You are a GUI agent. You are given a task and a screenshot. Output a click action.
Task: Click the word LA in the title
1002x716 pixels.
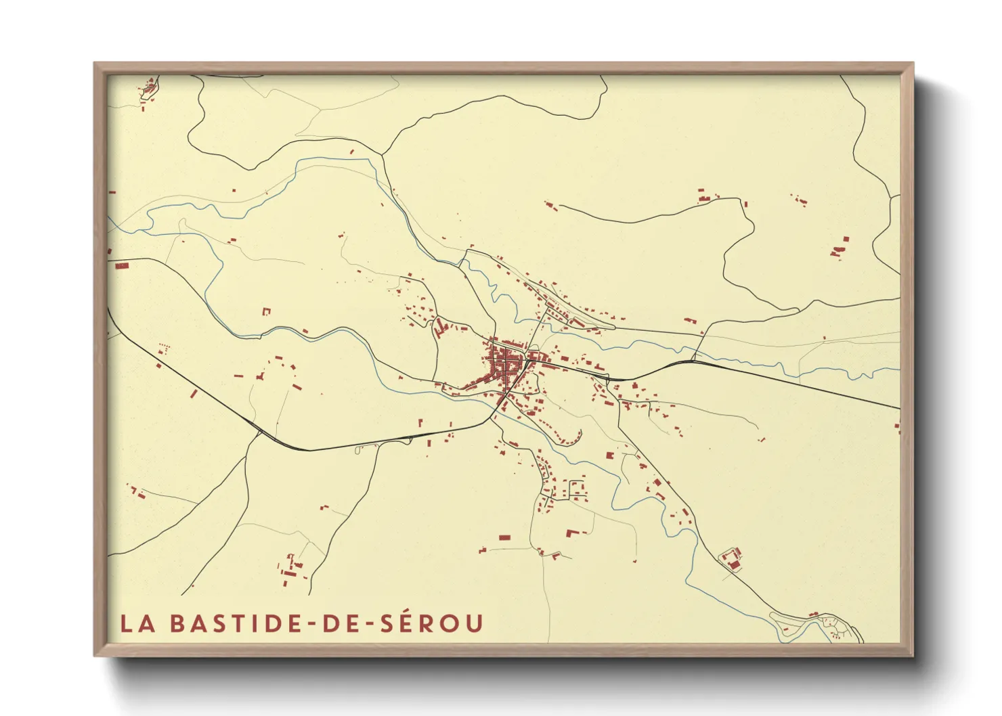(x=137, y=623)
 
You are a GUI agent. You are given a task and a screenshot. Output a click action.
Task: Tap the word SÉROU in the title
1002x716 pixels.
(x=431, y=623)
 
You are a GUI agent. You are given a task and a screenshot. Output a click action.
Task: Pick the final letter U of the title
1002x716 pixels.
(x=474, y=623)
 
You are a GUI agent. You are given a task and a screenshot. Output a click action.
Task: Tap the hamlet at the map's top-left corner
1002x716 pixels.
(x=148, y=89)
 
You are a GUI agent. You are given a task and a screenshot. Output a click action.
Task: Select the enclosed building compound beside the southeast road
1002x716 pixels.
(x=731, y=560)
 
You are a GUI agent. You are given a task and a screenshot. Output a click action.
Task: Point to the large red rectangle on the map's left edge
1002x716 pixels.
(x=121, y=266)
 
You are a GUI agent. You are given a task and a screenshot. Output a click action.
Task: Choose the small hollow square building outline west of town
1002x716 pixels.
(x=266, y=311)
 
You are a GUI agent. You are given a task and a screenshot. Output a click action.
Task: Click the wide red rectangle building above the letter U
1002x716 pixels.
(x=504, y=537)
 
